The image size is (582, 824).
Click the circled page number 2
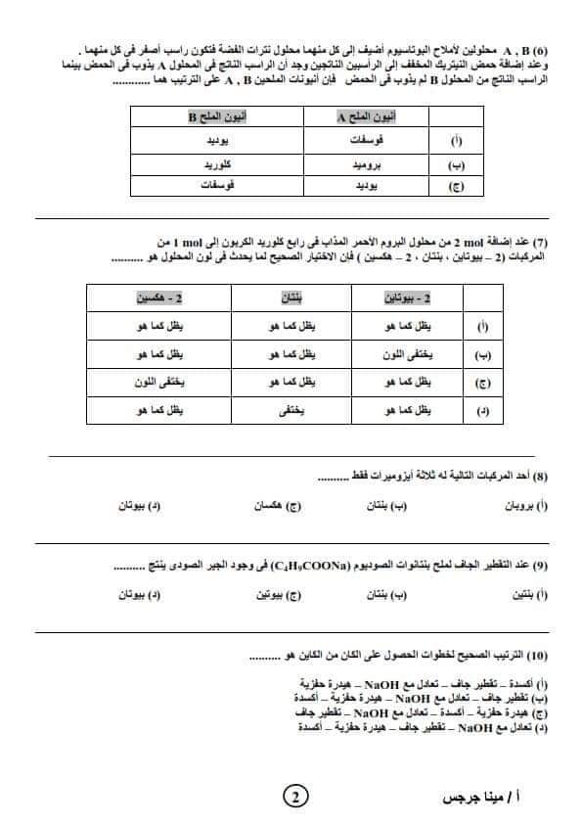[x=293, y=796]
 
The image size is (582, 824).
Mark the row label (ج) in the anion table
[x=457, y=185]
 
